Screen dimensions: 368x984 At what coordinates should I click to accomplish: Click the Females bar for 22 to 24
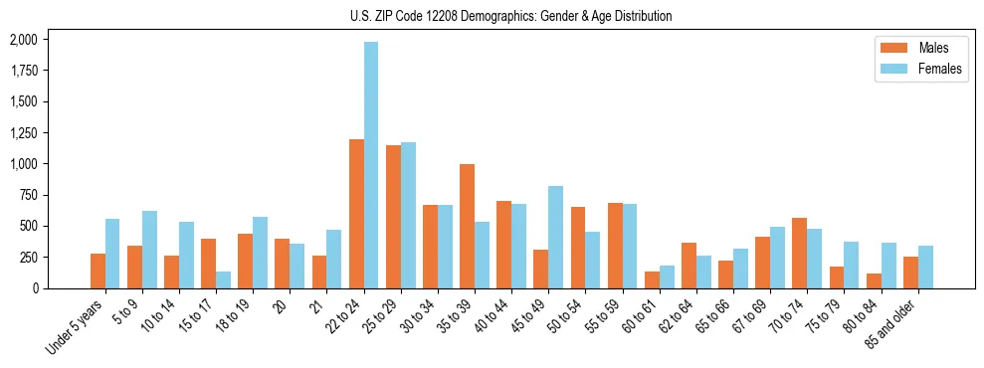(x=371, y=165)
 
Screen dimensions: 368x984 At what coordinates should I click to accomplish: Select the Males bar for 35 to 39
(x=467, y=226)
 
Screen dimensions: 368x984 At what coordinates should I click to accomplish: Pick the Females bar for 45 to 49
(x=555, y=237)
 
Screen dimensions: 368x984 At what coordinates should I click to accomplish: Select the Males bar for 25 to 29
(x=393, y=217)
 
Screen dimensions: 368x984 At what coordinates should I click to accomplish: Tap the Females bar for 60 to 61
(x=667, y=276)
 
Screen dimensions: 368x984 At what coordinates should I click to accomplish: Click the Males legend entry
(x=919, y=48)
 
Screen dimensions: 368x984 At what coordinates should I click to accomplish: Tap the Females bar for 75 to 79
(x=851, y=265)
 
